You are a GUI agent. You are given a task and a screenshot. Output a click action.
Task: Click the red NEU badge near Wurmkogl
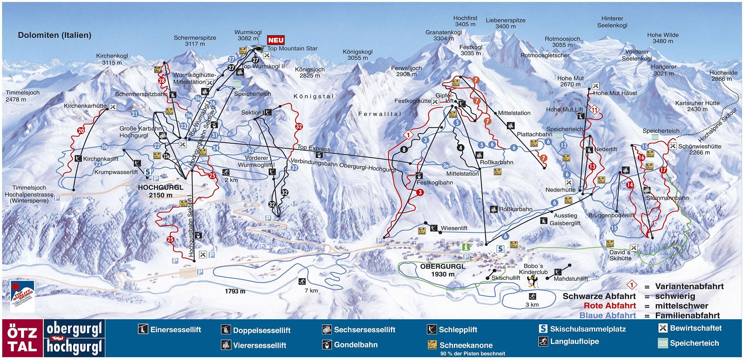tap(276, 40)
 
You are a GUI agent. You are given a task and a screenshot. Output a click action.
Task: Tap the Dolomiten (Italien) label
tap(55, 35)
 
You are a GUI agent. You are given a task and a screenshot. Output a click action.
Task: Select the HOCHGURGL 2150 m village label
tap(160, 191)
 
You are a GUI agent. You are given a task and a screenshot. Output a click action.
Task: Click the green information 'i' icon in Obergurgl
tap(466, 247)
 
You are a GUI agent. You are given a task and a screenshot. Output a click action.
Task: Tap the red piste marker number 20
tap(81, 131)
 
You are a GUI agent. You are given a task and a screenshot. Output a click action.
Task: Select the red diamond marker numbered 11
tap(594, 110)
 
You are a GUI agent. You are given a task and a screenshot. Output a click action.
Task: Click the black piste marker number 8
tap(404, 150)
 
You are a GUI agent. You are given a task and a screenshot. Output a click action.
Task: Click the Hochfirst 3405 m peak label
tap(465, 21)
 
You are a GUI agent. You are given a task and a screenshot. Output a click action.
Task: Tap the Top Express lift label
tap(314, 148)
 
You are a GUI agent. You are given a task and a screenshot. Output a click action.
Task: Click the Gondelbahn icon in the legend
tap(327, 345)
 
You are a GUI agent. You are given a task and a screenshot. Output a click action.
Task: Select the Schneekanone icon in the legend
tap(432, 345)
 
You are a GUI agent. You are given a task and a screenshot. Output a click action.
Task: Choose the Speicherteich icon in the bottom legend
tap(663, 343)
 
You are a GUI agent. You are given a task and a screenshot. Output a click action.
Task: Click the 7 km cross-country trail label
tap(311, 290)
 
